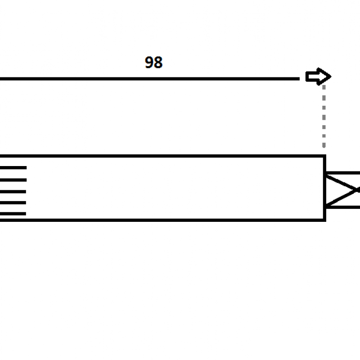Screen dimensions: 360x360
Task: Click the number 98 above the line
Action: click(153, 63)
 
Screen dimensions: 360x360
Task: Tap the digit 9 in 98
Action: click(149, 63)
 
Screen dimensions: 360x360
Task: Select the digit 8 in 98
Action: click(158, 63)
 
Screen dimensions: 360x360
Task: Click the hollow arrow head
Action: click(318, 76)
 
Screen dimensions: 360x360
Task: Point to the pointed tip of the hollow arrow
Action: click(331, 76)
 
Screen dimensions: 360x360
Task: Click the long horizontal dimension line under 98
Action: click(150, 79)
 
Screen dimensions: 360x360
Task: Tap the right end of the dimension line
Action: click(299, 79)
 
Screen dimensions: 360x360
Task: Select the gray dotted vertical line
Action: click(324, 117)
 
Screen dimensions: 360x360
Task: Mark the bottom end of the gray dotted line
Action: click(324, 148)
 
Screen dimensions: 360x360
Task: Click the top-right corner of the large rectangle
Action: click(324, 156)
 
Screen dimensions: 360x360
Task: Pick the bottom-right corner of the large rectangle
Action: click(324, 220)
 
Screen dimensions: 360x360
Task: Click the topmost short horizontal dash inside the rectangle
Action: click(13, 168)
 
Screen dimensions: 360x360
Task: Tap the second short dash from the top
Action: click(13, 180)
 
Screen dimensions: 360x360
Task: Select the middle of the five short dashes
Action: click(13, 192)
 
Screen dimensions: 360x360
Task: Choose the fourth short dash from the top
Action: click(13, 203)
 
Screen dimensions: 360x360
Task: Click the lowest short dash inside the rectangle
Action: click(13, 214)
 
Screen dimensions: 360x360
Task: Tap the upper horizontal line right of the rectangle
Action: click(343, 173)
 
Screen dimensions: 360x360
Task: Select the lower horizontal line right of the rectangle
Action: click(343, 207)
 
